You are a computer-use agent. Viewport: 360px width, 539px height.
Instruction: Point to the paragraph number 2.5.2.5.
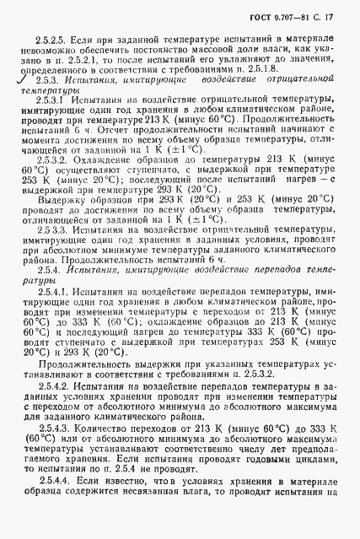[48, 40]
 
